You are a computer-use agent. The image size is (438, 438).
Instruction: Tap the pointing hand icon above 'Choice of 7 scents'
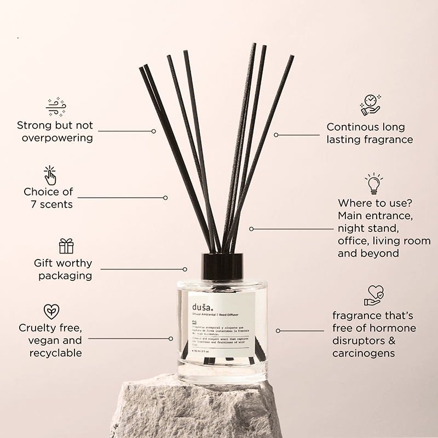[x=50, y=175]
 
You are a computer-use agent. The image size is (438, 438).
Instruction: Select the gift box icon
[x=66, y=246]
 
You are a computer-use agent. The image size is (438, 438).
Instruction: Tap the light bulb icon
[x=374, y=183]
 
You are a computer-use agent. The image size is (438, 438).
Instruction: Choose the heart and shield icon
[x=374, y=295]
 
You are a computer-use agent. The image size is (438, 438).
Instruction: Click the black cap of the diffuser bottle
[x=221, y=266]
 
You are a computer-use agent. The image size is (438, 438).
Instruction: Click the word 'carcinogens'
[x=364, y=353]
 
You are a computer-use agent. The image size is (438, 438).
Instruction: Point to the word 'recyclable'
[x=55, y=353]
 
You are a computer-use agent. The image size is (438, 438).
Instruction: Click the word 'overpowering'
[x=57, y=137]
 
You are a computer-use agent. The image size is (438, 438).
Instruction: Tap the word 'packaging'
[x=65, y=275]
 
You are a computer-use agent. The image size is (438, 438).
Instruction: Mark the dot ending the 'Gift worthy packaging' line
[x=185, y=269]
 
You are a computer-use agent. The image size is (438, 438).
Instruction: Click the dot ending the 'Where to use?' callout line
[x=251, y=229]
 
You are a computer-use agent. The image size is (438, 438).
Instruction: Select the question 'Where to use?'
[x=373, y=203]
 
